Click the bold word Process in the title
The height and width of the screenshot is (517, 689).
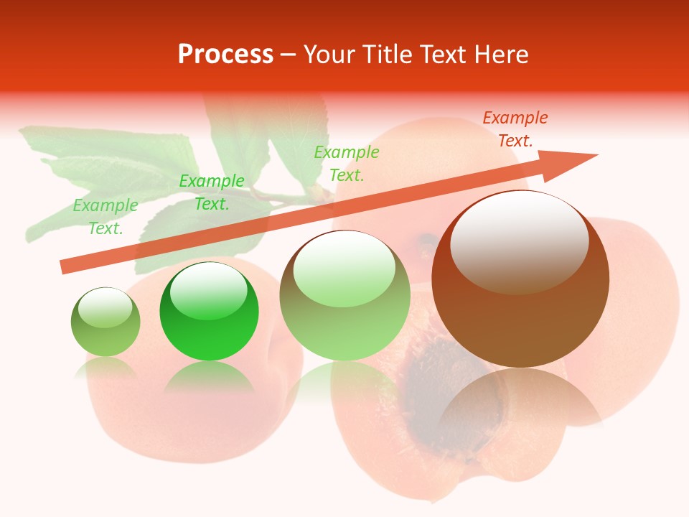225,55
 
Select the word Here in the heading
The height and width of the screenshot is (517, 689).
502,55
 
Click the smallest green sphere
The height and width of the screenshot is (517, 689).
106,322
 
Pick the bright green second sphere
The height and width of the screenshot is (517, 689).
209,312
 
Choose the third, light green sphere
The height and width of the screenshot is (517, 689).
344,296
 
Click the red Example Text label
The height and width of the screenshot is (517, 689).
515,129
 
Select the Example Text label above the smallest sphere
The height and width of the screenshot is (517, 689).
106,217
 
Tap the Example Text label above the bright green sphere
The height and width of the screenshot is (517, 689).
211,192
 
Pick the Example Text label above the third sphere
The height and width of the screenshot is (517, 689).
347,164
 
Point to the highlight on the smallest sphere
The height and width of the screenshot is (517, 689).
105,308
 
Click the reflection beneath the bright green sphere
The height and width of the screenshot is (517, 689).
209,377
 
